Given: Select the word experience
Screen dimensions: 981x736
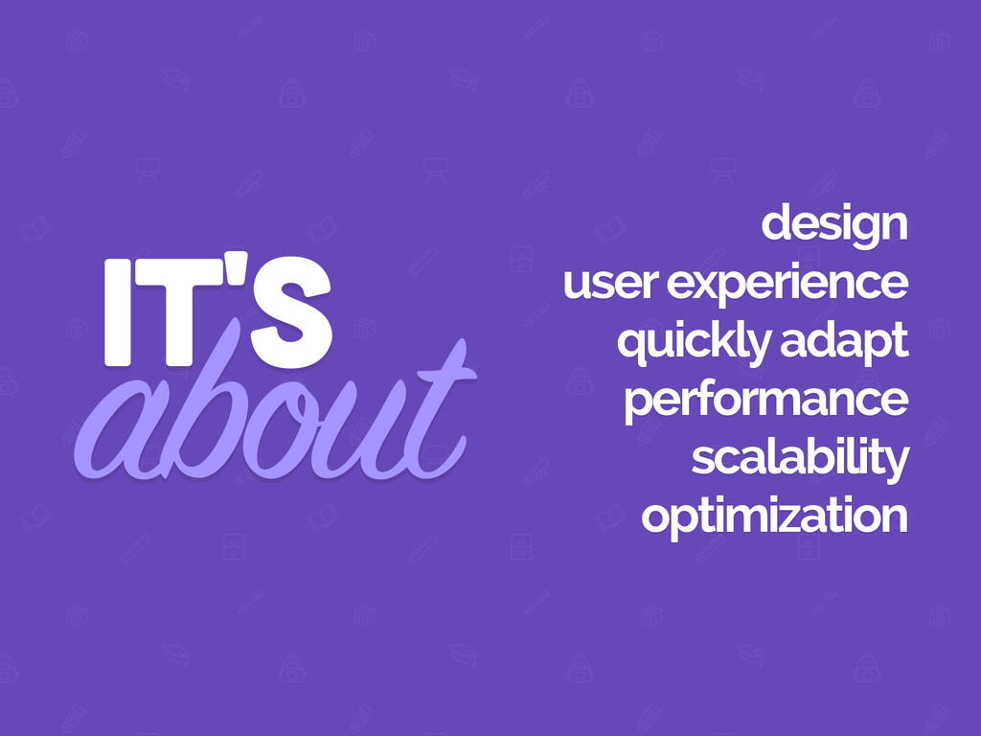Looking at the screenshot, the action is pyautogui.click(x=787, y=285).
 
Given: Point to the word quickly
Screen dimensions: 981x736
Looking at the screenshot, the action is pyautogui.click(x=694, y=343).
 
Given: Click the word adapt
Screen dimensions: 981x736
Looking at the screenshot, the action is pyautogui.click(x=845, y=343).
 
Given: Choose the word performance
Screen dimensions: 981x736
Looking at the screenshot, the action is pyautogui.click(x=765, y=402).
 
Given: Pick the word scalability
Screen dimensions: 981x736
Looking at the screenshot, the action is pyautogui.click(x=800, y=460).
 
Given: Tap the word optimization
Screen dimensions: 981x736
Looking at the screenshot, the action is pyautogui.click(x=774, y=517).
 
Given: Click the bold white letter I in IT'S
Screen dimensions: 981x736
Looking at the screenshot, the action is pyautogui.click(x=118, y=312).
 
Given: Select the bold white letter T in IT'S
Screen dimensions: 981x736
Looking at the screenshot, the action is pyautogui.click(x=177, y=312).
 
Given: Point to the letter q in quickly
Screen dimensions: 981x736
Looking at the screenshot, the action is pyautogui.click(x=634, y=347).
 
